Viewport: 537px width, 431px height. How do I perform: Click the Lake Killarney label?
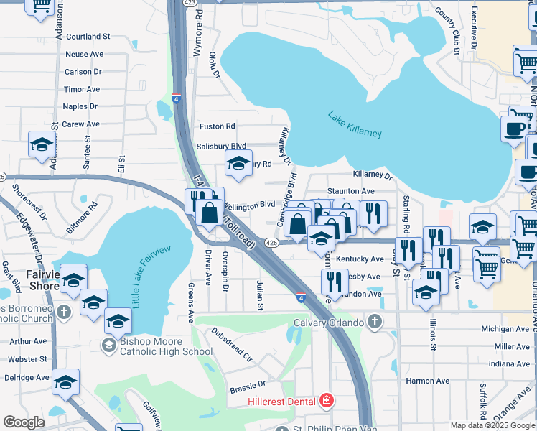point(355,124)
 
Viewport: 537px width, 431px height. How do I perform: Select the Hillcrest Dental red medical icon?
point(327,400)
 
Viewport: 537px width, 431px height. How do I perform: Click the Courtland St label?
point(88,36)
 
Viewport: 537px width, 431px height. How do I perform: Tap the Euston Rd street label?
point(217,126)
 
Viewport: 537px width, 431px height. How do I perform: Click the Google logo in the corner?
point(24,422)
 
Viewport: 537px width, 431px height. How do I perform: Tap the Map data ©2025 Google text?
point(492,425)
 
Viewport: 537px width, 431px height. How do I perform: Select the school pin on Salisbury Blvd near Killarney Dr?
point(238,163)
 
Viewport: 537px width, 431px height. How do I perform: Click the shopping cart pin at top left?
point(40,6)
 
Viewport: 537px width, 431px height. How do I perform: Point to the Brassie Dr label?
point(248,389)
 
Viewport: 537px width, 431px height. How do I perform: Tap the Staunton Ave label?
point(351,191)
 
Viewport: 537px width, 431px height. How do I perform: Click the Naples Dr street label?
point(80,106)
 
